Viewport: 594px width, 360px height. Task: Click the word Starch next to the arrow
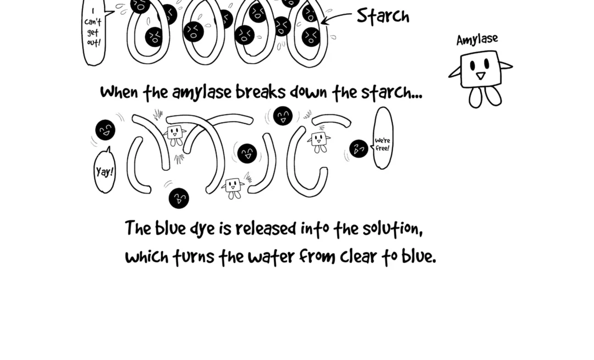(x=383, y=16)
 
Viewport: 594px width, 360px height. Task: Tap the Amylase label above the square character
(x=477, y=40)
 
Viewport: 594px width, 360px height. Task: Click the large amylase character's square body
(x=480, y=69)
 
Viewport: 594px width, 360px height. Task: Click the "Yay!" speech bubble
(x=105, y=171)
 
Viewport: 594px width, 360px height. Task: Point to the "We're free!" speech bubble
(x=383, y=139)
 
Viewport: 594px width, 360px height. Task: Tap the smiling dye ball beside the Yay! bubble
(x=105, y=130)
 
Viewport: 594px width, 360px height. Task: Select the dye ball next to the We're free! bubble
(x=359, y=148)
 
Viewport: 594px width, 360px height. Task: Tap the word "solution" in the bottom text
(x=392, y=229)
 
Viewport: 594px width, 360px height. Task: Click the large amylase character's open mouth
(x=481, y=76)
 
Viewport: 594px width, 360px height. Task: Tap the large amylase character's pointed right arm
(x=505, y=66)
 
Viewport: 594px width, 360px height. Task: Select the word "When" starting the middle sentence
(x=119, y=92)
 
